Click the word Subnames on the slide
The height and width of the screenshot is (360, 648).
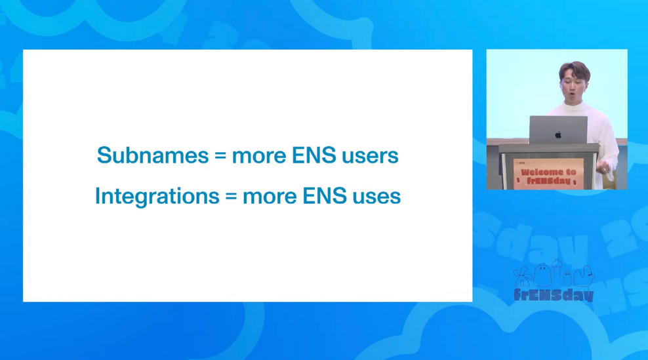153,155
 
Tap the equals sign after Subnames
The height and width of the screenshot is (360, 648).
220,156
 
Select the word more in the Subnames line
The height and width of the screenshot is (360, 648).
259,156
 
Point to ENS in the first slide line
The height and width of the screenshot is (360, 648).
314,155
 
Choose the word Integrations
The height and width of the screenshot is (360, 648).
157,196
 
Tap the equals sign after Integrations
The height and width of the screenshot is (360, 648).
231,196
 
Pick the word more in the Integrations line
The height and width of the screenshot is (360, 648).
270,197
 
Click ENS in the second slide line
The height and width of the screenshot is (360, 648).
325,196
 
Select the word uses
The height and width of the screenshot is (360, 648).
376,196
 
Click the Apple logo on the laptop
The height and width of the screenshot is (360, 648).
558,134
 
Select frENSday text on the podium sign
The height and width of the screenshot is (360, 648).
548,180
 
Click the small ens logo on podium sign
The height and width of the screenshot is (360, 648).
520,163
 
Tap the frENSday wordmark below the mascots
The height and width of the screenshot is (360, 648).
554,294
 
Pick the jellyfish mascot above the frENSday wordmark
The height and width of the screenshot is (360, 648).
557,268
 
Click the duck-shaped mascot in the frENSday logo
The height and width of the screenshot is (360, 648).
583,275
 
